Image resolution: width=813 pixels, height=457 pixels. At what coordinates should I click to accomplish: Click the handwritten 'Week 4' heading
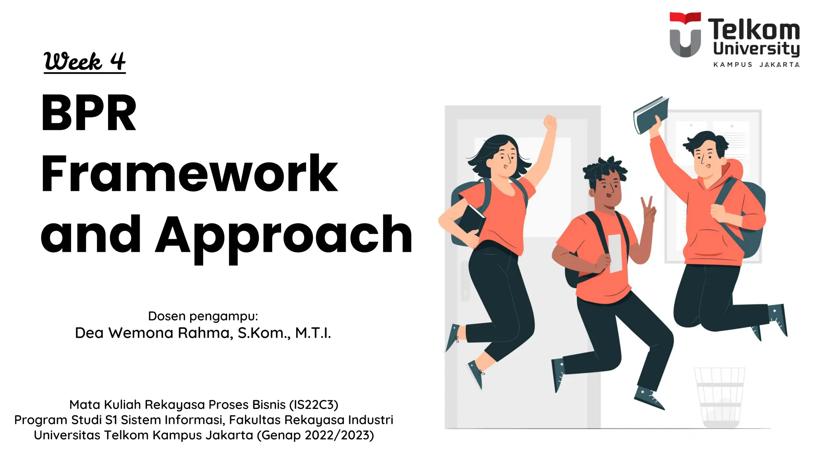click(x=85, y=62)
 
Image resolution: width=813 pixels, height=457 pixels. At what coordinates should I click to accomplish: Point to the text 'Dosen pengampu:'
click(x=203, y=316)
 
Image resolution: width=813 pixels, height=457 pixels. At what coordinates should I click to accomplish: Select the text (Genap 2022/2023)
click(x=315, y=435)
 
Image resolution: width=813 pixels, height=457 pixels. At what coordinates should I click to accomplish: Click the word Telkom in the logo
click(x=753, y=30)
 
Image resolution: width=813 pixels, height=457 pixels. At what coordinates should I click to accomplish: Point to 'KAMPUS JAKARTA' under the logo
click(x=756, y=65)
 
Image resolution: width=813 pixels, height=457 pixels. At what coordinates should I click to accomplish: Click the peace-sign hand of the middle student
click(x=648, y=208)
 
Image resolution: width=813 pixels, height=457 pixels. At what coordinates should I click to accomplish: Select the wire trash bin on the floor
click(x=719, y=397)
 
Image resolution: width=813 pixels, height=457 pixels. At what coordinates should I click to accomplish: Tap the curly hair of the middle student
click(x=604, y=169)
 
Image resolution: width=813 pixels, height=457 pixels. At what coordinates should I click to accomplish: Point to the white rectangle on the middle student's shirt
click(x=615, y=253)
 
